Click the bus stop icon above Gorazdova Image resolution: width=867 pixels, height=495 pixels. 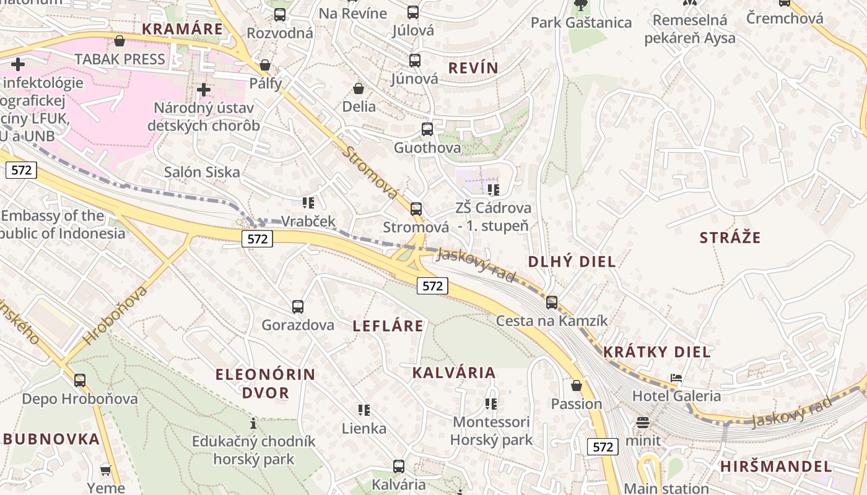tap(298, 306)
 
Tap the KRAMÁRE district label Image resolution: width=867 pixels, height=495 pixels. tap(182, 29)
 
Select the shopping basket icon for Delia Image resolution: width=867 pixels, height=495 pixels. tap(359, 88)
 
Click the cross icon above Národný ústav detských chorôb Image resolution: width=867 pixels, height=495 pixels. tap(203, 90)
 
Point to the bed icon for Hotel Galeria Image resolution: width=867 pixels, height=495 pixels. tap(676, 378)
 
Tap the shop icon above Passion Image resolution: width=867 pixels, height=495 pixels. tap(577, 385)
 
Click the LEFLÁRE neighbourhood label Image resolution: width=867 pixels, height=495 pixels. tap(388, 326)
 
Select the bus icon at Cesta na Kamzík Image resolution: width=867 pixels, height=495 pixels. tap(552, 303)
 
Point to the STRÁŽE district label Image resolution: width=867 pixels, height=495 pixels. tap(730, 238)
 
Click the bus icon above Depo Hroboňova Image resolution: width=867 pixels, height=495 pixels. tap(80, 381)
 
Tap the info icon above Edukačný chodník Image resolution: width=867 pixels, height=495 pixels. tap(253, 424)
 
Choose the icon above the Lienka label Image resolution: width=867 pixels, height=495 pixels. tap(364, 410)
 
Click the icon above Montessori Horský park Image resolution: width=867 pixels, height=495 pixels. tap(491, 404)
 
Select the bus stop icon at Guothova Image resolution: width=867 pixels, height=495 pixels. tap(427, 129)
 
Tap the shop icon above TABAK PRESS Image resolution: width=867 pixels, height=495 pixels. tap(120, 41)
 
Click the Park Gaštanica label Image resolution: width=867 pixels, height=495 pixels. tap(581, 23)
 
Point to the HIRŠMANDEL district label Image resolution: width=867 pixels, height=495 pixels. tap(775, 467)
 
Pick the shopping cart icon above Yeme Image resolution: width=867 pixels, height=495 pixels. tap(106, 470)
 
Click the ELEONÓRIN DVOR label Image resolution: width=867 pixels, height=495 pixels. tap(265, 383)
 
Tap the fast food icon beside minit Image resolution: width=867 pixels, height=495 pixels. tap(643, 423)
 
